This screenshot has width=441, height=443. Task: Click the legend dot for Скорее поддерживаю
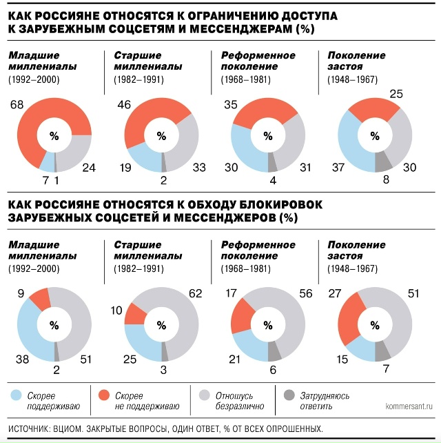[x=17, y=395]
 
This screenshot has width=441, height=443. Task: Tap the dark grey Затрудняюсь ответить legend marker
[x=289, y=395]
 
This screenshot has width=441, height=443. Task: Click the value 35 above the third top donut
[x=231, y=105]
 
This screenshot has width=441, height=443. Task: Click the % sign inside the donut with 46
[x=161, y=136]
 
